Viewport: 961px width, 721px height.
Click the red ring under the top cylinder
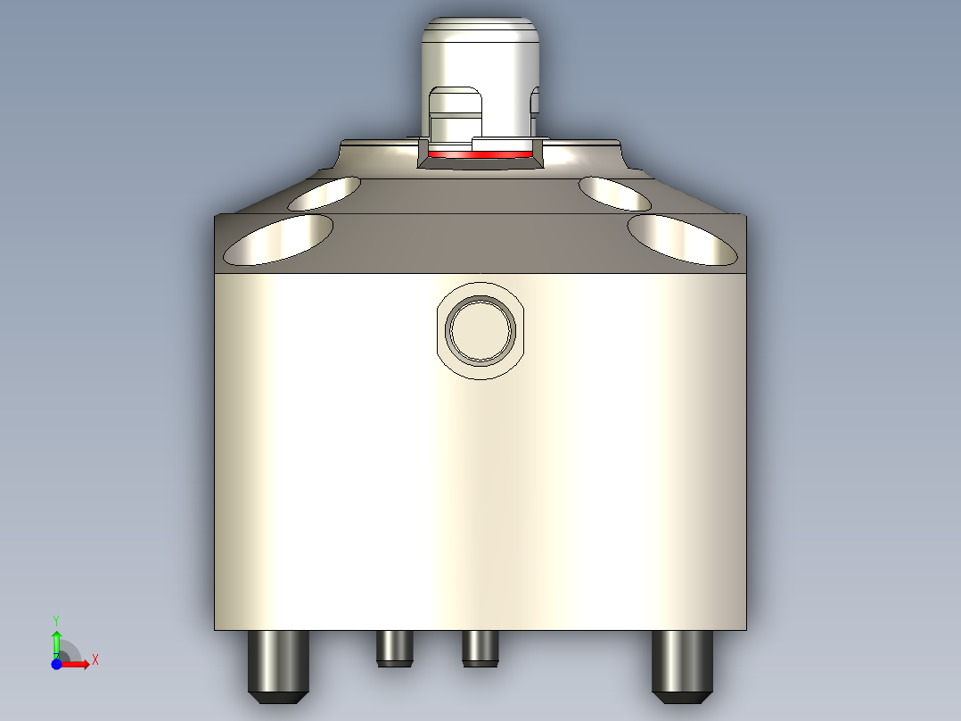[x=481, y=154]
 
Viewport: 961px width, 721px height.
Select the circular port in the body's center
[x=481, y=330]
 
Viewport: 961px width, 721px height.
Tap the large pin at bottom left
[x=278, y=665]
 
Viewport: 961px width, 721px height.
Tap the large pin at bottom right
[x=683, y=665]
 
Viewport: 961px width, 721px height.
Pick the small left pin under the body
[x=394, y=648]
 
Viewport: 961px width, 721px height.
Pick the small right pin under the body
[x=480, y=648]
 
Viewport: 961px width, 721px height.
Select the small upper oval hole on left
[x=324, y=193]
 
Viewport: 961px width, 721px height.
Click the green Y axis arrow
[x=56, y=641]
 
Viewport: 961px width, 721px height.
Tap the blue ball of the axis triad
[x=56, y=664]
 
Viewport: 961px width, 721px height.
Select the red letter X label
[x=95, y=659]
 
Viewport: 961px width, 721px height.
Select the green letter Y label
[x=56, y=618]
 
